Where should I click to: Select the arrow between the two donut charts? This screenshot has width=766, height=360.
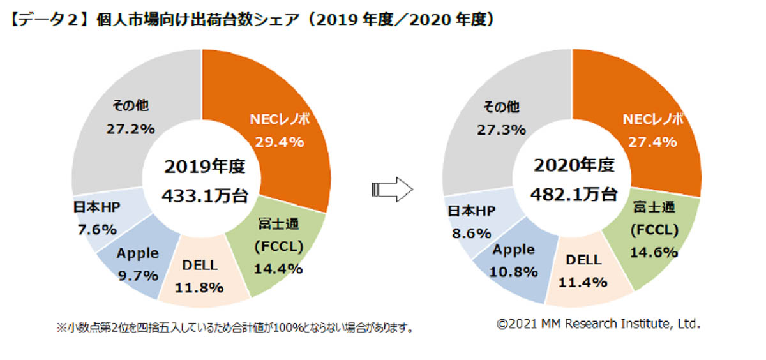click(x=392, y=189)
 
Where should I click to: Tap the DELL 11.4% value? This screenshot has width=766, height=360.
click(x=582, y=282)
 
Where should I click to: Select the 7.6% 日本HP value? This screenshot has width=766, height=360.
click(x=95, y=229)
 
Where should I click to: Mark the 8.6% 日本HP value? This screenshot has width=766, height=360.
click(x=469, y=234)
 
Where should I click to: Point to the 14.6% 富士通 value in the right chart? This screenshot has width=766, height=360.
click(x=652, y=251)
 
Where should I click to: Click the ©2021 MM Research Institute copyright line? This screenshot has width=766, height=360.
click(x=599, y=324)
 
